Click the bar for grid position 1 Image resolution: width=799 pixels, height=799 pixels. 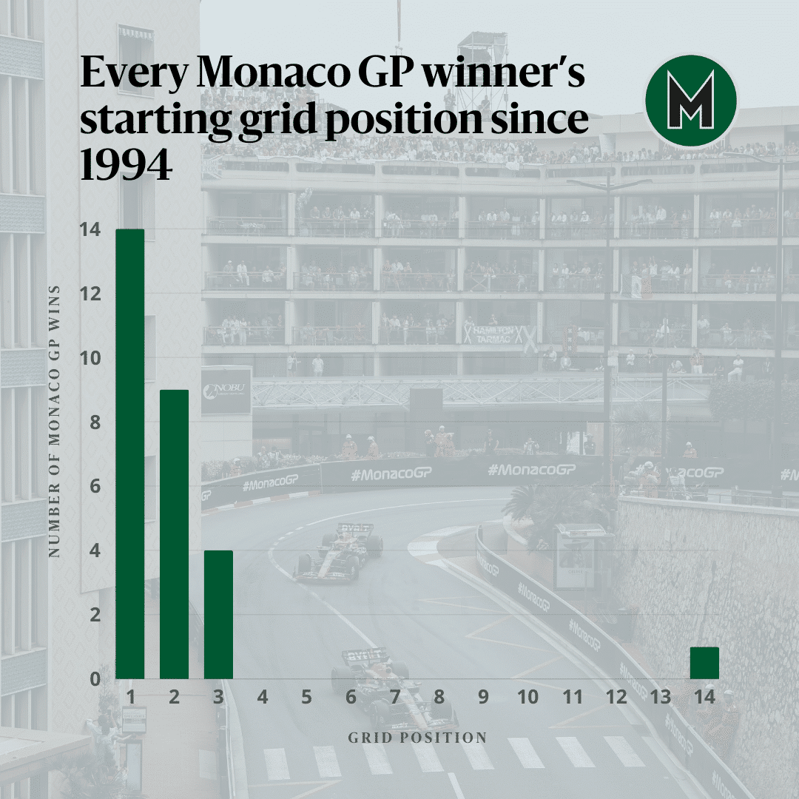pos(130,454)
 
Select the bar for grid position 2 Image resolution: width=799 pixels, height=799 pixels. pos(175,535)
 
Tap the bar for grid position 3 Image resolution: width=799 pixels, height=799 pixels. pos(218,615)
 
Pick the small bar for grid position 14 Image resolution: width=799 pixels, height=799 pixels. pos(705,663)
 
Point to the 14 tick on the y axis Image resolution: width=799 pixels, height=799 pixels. pos(90,229)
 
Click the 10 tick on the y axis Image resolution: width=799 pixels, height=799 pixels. pos(90,358)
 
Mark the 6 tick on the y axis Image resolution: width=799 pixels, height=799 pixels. pos(95,486)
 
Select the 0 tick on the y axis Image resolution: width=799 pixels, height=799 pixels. pos(95,678)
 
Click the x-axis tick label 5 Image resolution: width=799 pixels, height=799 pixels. pos(306,697)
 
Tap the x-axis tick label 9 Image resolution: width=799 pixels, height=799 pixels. pos(483,697)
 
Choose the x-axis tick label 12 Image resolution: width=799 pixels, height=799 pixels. pos(616,697)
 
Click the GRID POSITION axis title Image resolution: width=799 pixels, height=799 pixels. pos(417,738)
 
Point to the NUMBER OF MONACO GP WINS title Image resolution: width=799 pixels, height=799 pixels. pos(54,422)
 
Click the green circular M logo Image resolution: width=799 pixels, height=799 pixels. pos(691,101)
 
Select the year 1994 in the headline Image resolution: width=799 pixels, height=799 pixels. pos(127,164)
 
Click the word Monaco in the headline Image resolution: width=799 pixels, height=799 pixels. pos(274,73)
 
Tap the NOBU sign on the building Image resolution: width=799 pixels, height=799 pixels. pos(226,391)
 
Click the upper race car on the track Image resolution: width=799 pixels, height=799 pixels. pos(340,553)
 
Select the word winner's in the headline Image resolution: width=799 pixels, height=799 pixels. pos(505,73)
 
